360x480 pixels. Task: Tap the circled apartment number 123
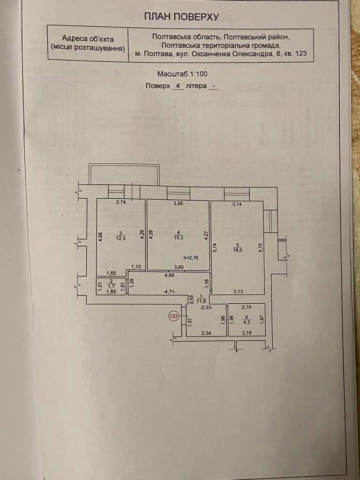[x=174, y=316]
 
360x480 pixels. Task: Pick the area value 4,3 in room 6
[x=246, y=322]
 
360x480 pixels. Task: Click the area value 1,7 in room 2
[x=112, y=285]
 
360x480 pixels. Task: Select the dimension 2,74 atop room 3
[x=122, y=202]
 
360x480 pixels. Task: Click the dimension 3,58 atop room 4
[x=178, y=203]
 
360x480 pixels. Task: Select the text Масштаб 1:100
[x=182, y=74]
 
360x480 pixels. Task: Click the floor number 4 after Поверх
[x=178, y=86]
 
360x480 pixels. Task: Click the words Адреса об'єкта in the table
[x=88, y=39]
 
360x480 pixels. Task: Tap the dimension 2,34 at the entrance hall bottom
[x=206, y=333]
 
